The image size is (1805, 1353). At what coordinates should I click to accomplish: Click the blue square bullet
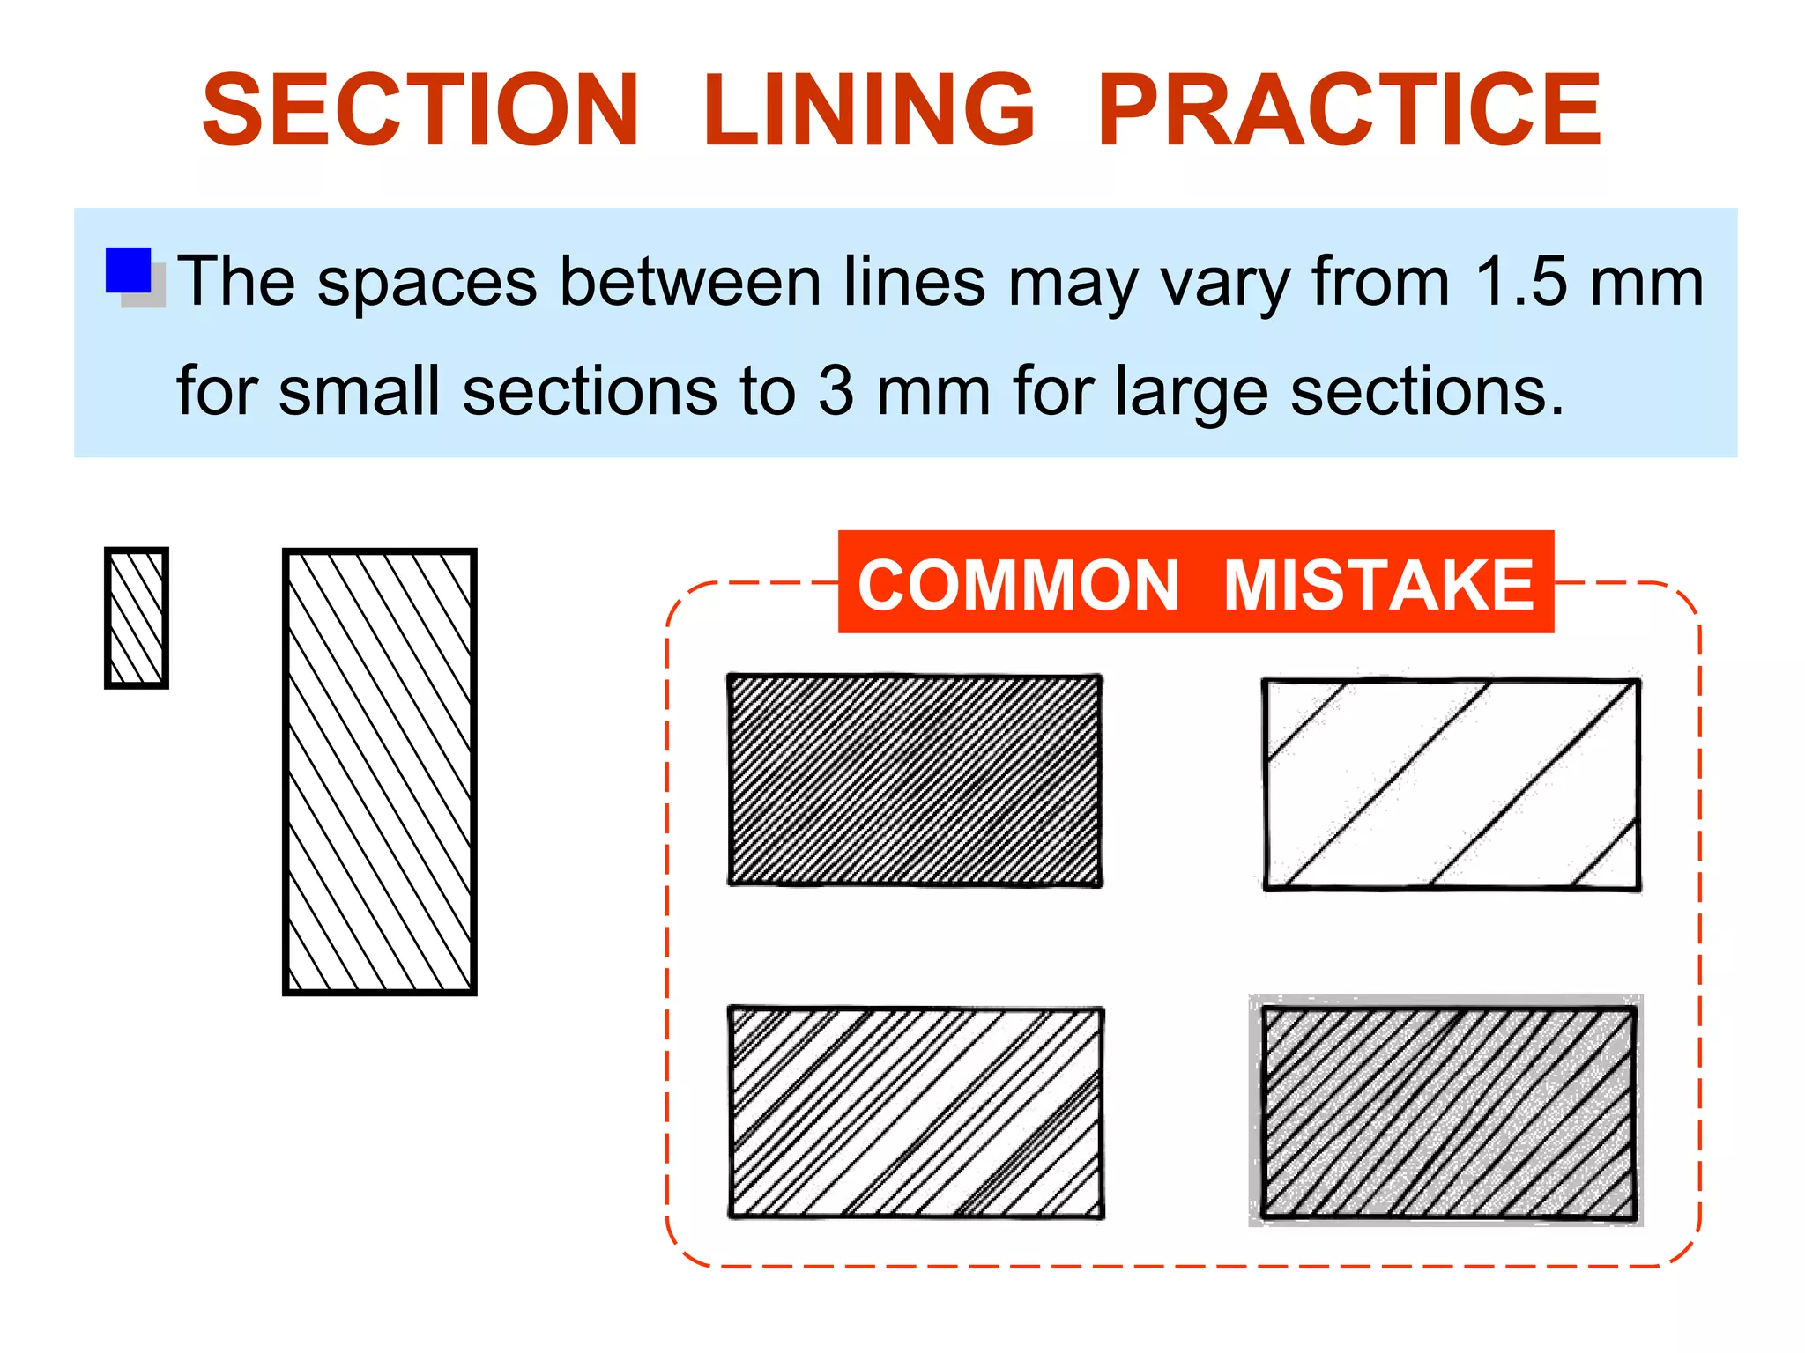(x=129, y=270)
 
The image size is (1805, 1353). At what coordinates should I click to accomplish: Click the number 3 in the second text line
(x=836, y=391)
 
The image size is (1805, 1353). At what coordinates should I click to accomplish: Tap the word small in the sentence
(x=359, y=391)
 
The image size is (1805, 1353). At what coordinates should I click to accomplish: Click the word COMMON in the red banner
(x=1018, y=585)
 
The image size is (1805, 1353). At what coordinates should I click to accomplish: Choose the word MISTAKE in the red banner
(x=1379, y=585)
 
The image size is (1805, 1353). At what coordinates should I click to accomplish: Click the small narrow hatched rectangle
(x=137, y=617)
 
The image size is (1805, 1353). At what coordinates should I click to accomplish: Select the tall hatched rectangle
(x=380, y=772)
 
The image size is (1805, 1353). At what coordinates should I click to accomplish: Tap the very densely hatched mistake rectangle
(x=915, y=780)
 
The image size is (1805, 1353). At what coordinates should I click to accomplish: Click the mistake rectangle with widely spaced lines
(x=1452, y=784)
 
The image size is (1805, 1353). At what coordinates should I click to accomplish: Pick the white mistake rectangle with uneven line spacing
(x=916, y=1113)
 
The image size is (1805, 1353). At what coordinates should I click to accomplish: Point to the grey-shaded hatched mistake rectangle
(x=1448, y=1113)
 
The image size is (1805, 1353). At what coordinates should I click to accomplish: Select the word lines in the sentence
(x=914, y=282)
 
